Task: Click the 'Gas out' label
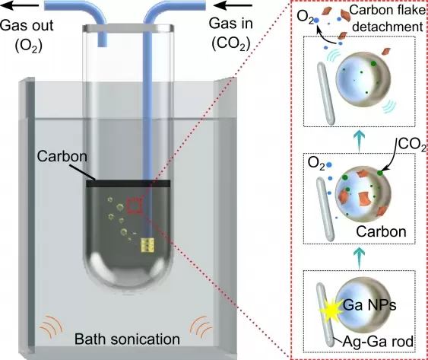27,25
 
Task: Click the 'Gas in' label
231,24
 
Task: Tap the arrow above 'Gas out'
21,5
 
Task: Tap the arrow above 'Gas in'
234,5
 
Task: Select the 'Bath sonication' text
127,339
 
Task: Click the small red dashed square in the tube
134,205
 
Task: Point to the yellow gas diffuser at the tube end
147,244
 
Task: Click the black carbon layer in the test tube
128,183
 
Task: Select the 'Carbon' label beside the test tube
62,156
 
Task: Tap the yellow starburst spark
330,310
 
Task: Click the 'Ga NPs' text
369,304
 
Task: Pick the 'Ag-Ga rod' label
378,341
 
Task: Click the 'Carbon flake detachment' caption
388,18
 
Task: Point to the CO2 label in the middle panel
412,145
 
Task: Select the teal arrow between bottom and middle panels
360,257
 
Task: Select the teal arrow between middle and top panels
360,141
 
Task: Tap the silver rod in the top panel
325,93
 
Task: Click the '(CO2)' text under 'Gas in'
231,43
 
